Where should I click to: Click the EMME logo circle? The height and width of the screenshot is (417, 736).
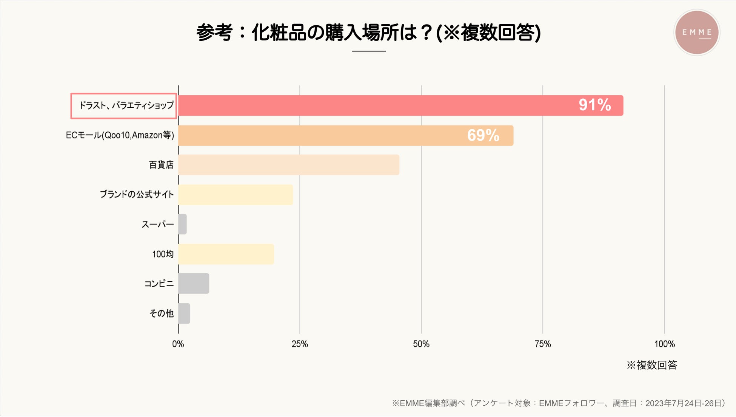[697, 33]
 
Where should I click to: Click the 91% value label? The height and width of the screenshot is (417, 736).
[594, 105]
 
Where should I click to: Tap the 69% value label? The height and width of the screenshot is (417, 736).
[483, 135]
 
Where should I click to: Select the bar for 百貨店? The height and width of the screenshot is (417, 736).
[289, 165]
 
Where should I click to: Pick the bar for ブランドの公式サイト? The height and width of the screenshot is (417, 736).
[236, 195]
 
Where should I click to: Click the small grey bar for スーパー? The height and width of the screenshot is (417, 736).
[182, 224]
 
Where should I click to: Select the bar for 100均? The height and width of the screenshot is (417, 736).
[226, 254]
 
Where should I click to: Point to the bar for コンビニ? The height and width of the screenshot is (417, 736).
[194, 284]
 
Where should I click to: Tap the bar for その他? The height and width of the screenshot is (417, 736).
[184, 313]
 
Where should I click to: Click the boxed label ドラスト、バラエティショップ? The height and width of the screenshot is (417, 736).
[124, 105]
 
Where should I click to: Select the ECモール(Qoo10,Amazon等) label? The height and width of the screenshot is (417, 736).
[120, 135]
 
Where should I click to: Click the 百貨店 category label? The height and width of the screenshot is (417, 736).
[161, 165]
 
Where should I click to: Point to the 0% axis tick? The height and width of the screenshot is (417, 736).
[178, 344]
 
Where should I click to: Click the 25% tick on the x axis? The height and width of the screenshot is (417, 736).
[300, 344]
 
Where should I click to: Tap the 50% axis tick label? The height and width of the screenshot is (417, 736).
[421, 344]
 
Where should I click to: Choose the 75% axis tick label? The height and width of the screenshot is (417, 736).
[543, 344]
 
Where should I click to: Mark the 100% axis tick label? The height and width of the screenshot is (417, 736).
[664, 344]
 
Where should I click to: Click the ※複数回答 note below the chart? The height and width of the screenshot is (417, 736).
[652, 365]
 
